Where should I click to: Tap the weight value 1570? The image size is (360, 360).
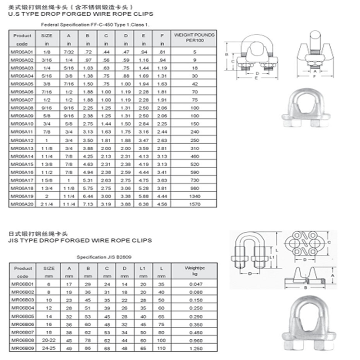(x=194, y=204)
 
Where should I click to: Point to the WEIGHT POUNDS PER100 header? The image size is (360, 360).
(x=194, y=37)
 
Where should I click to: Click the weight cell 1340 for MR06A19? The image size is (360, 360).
(x=194, y=196)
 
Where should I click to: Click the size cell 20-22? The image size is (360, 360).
(x=49, y=340)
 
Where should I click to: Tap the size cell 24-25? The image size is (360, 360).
(x=49, y=348)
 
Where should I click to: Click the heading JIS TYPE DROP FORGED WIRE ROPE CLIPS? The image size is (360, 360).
(x=80, y=241)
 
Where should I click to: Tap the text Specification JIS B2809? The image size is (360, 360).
(x=99, y=257)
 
